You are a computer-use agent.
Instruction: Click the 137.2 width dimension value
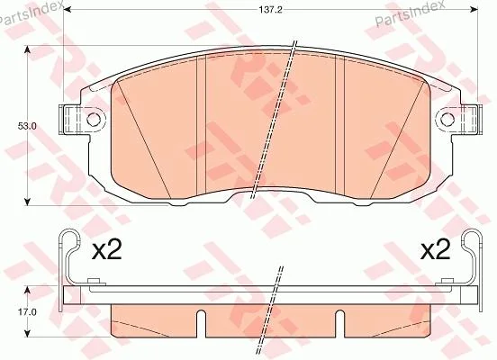pyautogui.click(x=270, y=10)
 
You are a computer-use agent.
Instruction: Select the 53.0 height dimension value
pyautogui.click(x=27, y=126)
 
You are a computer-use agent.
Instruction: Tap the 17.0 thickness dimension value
pyautogui.click(x=27, y=312)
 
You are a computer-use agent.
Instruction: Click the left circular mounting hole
pyautogui.click(x=94, y=120)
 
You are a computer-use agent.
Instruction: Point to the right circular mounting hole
pyautogui.click(x=447, y=120)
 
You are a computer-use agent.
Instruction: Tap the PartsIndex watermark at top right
pyautogui.click(x=409, y=13)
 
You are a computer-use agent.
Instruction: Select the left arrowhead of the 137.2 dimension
pyautogui.click(x=68, y=10)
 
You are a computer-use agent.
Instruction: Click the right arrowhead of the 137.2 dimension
pyautogui.click(x=474, y=10)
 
